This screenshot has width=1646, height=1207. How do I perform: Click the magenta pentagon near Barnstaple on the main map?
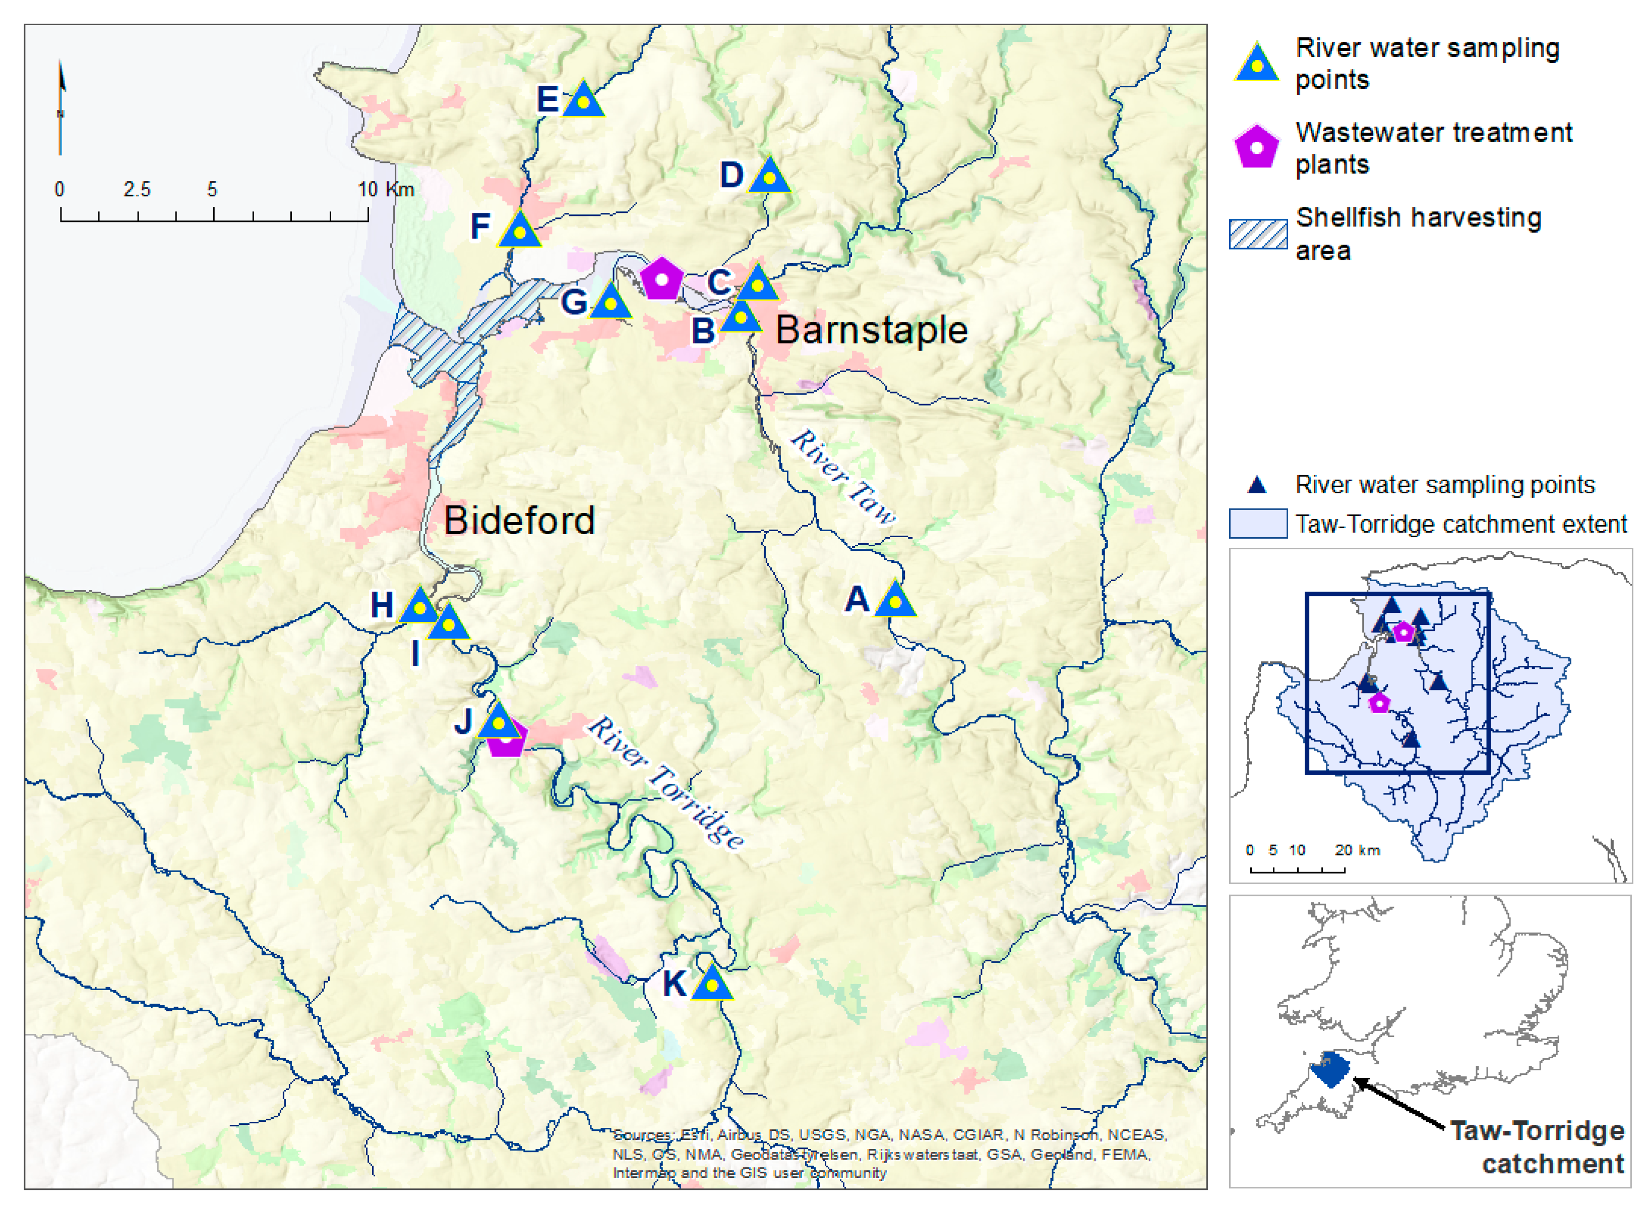coord(661,279)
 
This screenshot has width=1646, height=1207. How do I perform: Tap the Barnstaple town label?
coord(871,330)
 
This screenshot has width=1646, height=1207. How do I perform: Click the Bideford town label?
coord(519,521)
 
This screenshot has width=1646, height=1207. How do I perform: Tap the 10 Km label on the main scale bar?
coord(386,190)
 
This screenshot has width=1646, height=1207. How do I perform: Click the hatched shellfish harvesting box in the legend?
coord(1257,235)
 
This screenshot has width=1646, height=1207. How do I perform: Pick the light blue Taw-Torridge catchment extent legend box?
coord(1257,524)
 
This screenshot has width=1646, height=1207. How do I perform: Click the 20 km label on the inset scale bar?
coord(1357,850)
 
